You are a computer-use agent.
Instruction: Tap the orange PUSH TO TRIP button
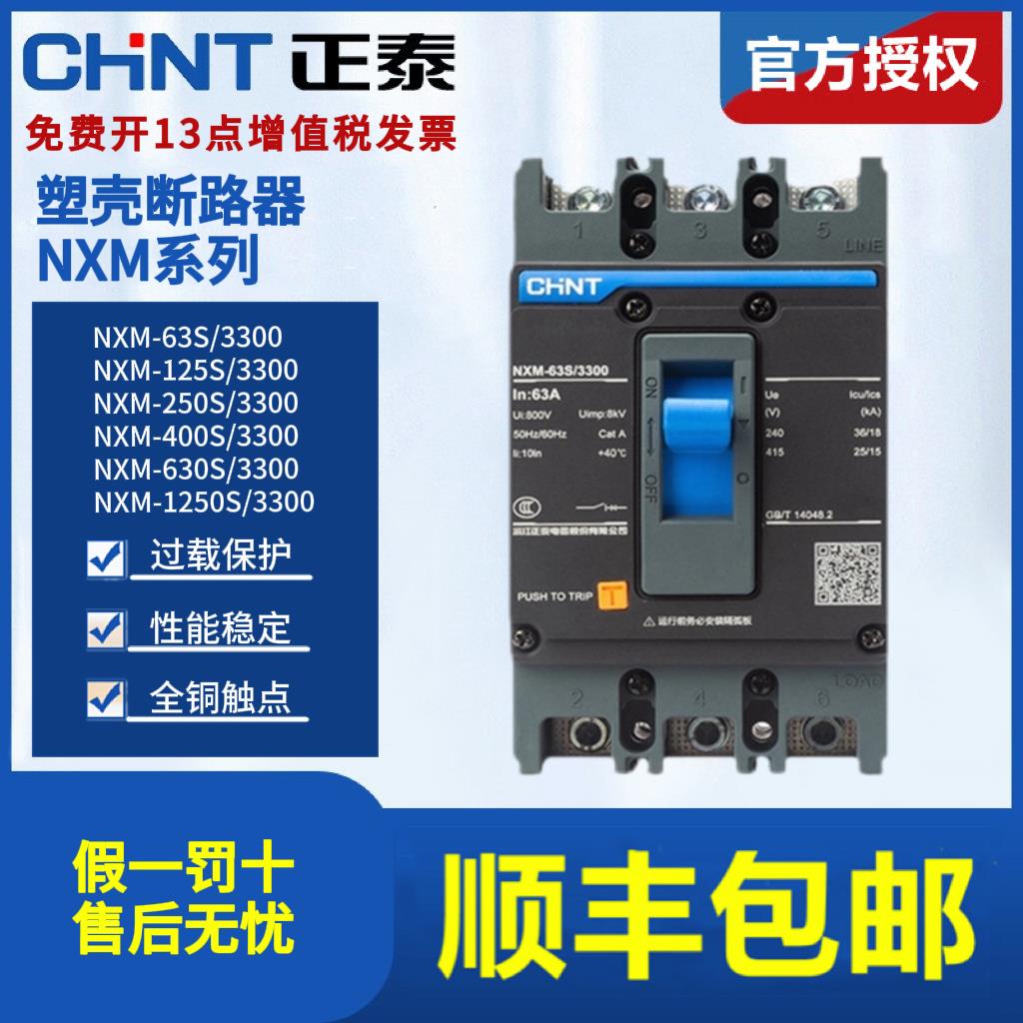click(610, 596)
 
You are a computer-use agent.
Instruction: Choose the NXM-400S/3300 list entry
click(196, 435)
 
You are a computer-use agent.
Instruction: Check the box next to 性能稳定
click(106, 627)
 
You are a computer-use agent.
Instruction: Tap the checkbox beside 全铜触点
click(106, 697)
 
